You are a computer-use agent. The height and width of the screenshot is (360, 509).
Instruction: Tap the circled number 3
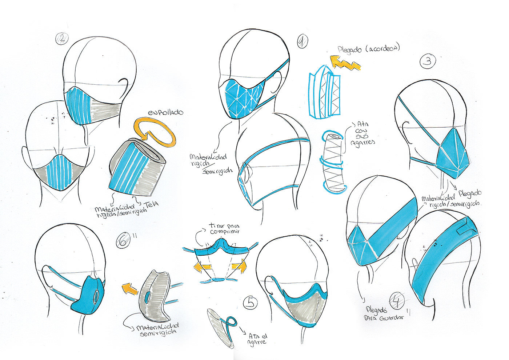coord(428,61)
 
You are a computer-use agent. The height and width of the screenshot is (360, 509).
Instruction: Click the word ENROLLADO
coord(165,112)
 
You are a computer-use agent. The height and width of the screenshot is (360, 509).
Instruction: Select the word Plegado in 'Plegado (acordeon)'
coord(350,50)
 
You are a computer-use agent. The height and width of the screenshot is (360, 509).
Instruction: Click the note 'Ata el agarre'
coord(257,339)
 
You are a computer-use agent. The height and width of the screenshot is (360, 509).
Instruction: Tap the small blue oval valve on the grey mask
coord(147,298)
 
